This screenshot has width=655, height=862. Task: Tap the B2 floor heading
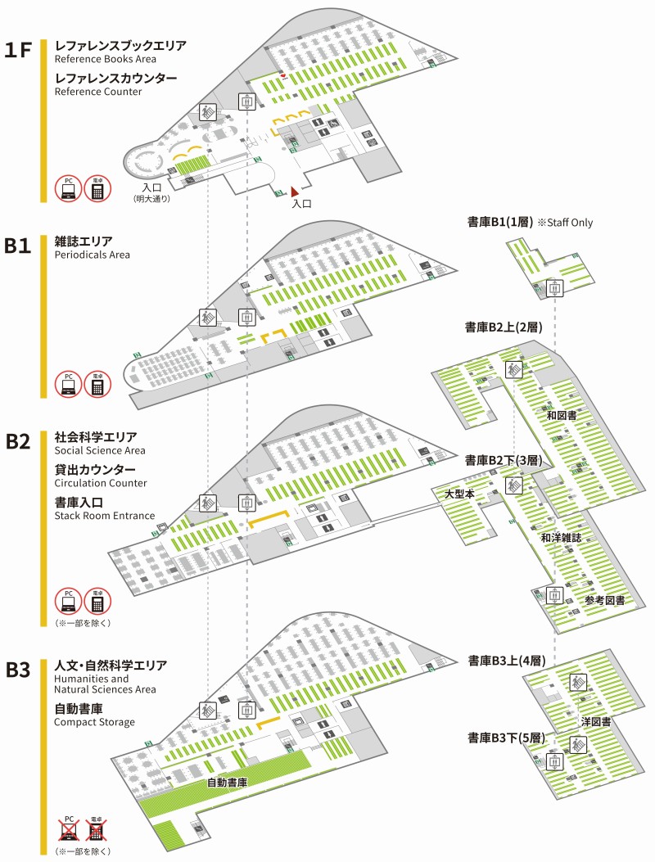[18, 442]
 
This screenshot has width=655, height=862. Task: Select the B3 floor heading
[18, 670]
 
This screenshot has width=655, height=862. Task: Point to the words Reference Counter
[98, 92]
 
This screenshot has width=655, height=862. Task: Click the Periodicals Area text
[92, 255]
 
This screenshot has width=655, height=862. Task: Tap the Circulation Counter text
[100, 483]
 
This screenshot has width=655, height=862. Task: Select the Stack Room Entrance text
[104, 516]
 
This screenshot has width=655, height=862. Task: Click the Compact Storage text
[94, 721]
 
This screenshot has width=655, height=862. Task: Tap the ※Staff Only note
[565, 222]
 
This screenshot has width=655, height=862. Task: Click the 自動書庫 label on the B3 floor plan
[227, 783]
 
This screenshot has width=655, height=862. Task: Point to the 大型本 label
[460, 494]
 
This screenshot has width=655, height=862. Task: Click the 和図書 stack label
[562, 416]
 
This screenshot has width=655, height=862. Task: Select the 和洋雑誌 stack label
[561, 539]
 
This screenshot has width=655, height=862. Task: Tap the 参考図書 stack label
[604, 601]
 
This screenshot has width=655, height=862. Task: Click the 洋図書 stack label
[597, 721]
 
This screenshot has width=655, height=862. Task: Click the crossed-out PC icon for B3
[69, 830]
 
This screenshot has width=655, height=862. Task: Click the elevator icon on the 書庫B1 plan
[555, 288]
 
